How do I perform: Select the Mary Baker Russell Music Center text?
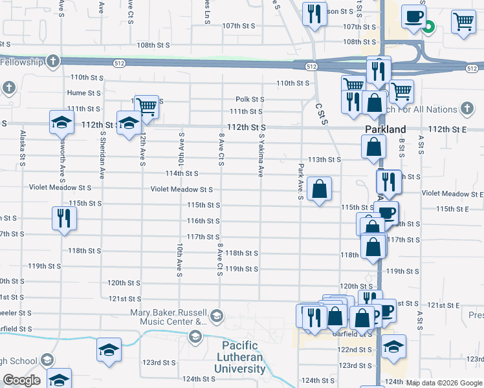(x=168, y=317)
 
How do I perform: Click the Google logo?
(x=21, y=380)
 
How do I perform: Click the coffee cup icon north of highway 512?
(x=413, y=17)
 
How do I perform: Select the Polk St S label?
(x=250, y=99)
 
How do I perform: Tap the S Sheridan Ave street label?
(x=102, y=155)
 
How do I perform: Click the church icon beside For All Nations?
(x=467, y=109)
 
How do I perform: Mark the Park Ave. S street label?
(x=300, y=182)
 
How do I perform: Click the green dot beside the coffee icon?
(x=427, y=27)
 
